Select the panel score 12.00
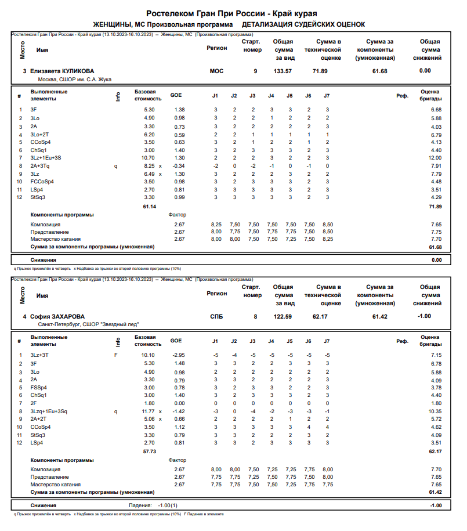click(435, 158)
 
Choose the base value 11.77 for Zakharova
click(148, 411)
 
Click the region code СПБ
click(216, 316)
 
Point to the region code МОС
click(216, 71)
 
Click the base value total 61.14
click(149, 206)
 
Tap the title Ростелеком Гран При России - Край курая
click(235, 13)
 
